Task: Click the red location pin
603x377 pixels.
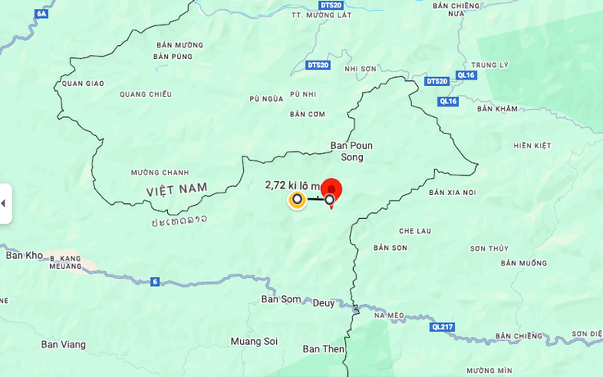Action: pos(331,190)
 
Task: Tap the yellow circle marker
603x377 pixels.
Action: pos(297,199)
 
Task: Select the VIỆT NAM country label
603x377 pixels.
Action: pos(177,189)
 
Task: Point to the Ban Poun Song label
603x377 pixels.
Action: pos(351,151)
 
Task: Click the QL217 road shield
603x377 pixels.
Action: pos(442,327)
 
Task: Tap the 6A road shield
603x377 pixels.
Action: pos(42,14)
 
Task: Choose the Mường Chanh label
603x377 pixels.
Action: pos(159,172)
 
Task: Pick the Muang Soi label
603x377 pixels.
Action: pos(254,341)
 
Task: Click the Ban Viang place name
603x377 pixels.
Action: pos(63,344)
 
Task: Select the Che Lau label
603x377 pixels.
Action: pos(415,231)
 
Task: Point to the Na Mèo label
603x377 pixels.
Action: pos(389,315)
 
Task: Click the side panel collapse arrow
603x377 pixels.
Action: pos(3,203)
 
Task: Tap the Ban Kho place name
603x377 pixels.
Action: pos(24,255)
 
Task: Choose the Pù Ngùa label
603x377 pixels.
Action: pos(265,99)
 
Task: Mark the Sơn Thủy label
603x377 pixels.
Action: pos(489,248)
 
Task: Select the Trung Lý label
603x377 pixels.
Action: pos(490,65)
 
